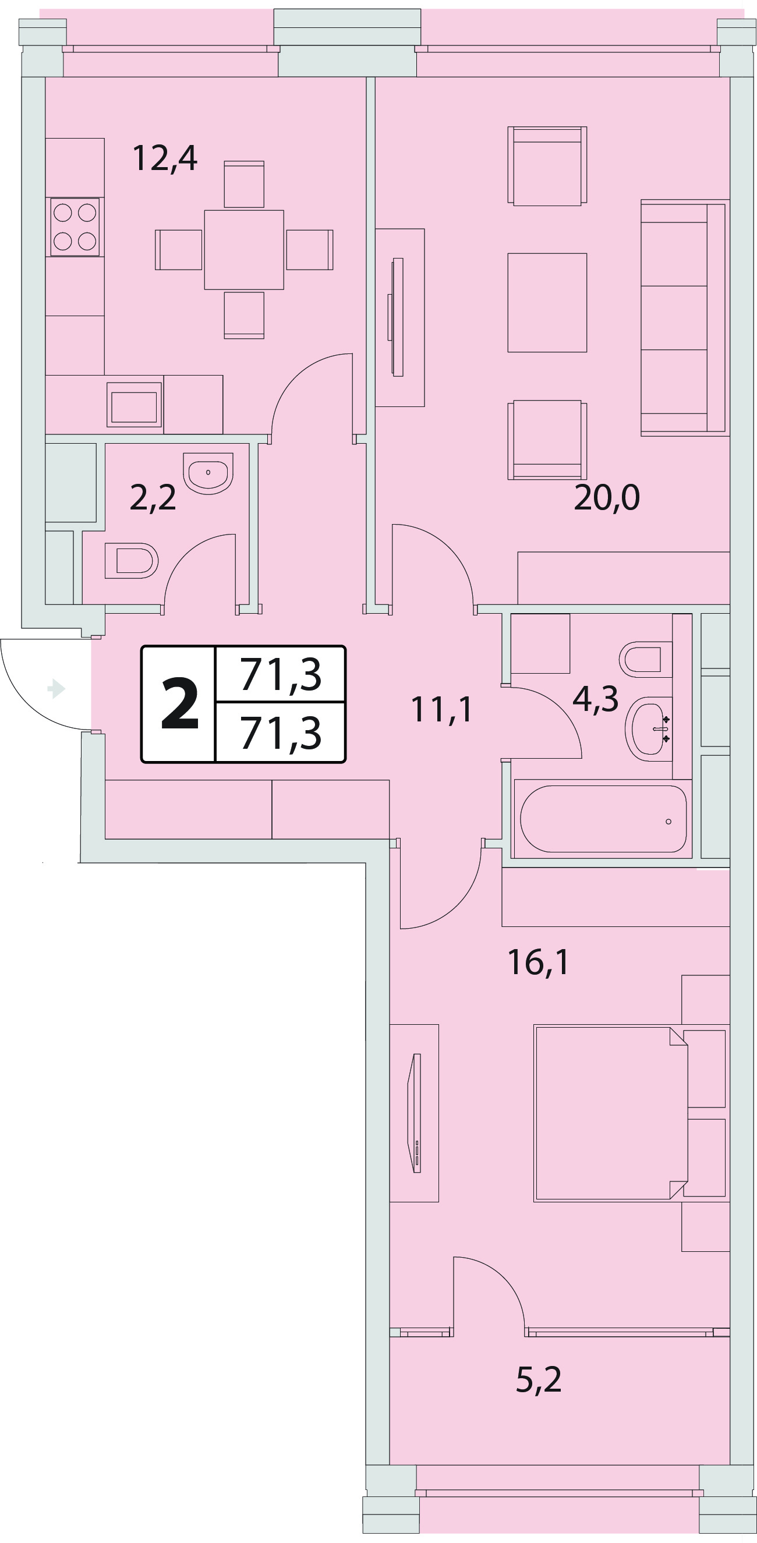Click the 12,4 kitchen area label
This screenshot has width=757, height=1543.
coord(165,159)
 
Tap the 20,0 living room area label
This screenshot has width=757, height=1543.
coord(607,497)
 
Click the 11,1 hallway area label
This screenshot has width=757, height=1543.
coord(441,709)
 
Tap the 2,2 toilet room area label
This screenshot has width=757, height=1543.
coord(153,498)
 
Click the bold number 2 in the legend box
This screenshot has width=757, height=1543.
coord(180,704)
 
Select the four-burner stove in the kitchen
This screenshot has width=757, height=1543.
coord(75,227)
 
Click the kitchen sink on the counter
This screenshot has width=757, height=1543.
coord(134,404)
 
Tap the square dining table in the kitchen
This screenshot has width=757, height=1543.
coord(244,250)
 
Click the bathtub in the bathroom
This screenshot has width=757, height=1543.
coord(603,819)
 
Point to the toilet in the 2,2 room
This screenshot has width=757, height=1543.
coord(131,561)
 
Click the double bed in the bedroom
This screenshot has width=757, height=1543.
coord(611,1113)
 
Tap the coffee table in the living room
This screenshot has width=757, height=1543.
coord(547,303)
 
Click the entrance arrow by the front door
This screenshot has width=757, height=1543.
coord(56,688)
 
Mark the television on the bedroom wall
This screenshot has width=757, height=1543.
coord(414,1112)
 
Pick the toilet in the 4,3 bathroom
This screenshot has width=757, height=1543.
coord(646,660)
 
